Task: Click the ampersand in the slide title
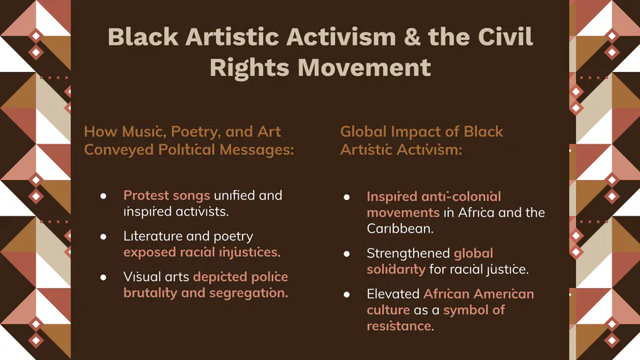click(x=412, y=37)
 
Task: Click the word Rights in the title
click(x=250, y=68)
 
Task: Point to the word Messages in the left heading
click(x=257, y=149)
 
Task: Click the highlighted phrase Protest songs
click(x=166, y=196)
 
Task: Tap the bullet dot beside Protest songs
click(x=103, y=196)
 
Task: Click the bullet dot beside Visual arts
click(x=103, y=277)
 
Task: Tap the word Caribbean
click(x=400, y=228)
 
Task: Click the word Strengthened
click(x=407, y=253)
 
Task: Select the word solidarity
click(x=396, y=270)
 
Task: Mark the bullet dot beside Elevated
click(x=346, y=295)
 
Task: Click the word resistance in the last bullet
click(x=400, y=326)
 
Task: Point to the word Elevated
click(x=393, y=294)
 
